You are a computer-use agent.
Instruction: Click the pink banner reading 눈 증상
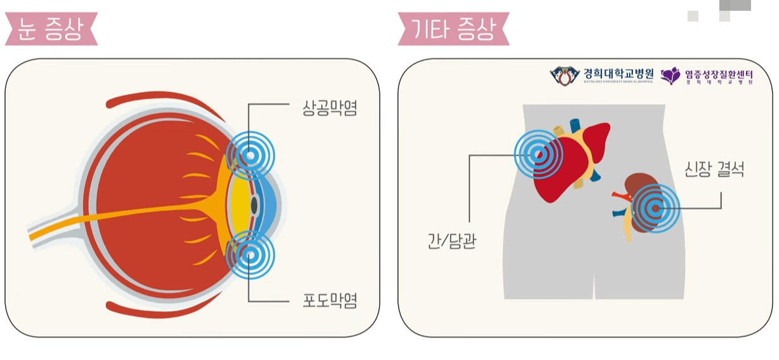[51, 30]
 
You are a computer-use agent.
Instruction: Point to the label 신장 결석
[714, 170]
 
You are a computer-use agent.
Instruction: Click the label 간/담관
[452, 242]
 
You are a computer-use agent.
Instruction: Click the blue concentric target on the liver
[538, 153]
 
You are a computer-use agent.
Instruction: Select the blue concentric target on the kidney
[655, 207]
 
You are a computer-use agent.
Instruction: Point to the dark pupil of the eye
[255, 206]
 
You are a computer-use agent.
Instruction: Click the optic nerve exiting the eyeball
[57, 229]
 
